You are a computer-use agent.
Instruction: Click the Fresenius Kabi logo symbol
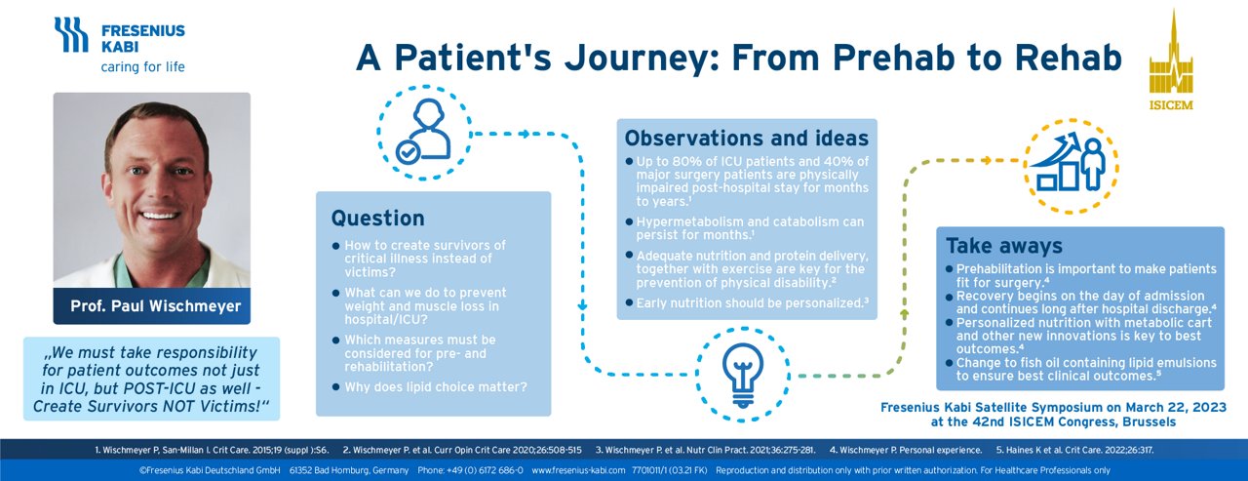coord(71,34)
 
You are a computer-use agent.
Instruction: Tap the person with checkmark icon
coord(424,131)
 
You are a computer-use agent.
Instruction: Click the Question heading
coord(377,218)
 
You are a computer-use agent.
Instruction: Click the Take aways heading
coord(1004,245)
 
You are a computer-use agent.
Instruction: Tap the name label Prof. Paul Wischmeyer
coord(155,306)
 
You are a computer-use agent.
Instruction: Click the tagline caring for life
coord(142,67)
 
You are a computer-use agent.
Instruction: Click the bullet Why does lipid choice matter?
coord(436,386)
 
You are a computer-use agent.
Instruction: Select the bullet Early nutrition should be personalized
coord(750,303)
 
